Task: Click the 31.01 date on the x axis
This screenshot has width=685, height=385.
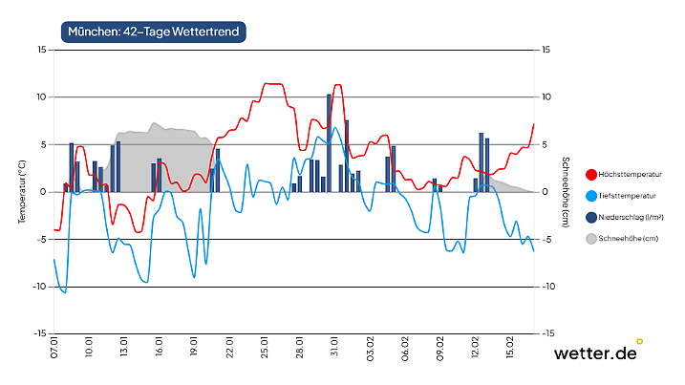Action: (x=334, y=346)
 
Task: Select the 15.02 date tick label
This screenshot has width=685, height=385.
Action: (x=510, y=346)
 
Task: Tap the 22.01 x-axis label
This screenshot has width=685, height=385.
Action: (x=229, y=346)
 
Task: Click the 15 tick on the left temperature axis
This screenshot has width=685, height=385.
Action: (x=41, y=49)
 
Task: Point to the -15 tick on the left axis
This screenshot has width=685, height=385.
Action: (x=39, y=333)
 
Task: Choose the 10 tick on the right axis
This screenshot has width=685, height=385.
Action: (x=546, y=96)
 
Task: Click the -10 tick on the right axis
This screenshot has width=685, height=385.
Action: (x=548, y=287)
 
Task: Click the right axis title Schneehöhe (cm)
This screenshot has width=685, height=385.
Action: (x=566, y=190)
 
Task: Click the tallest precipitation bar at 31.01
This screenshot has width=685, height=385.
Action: (x=329, y=143)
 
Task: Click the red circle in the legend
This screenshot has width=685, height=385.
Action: (x=591, y=174)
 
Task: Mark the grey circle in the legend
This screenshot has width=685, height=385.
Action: (x=591, y=238)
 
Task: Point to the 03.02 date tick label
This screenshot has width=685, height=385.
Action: (x=370, y=346)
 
